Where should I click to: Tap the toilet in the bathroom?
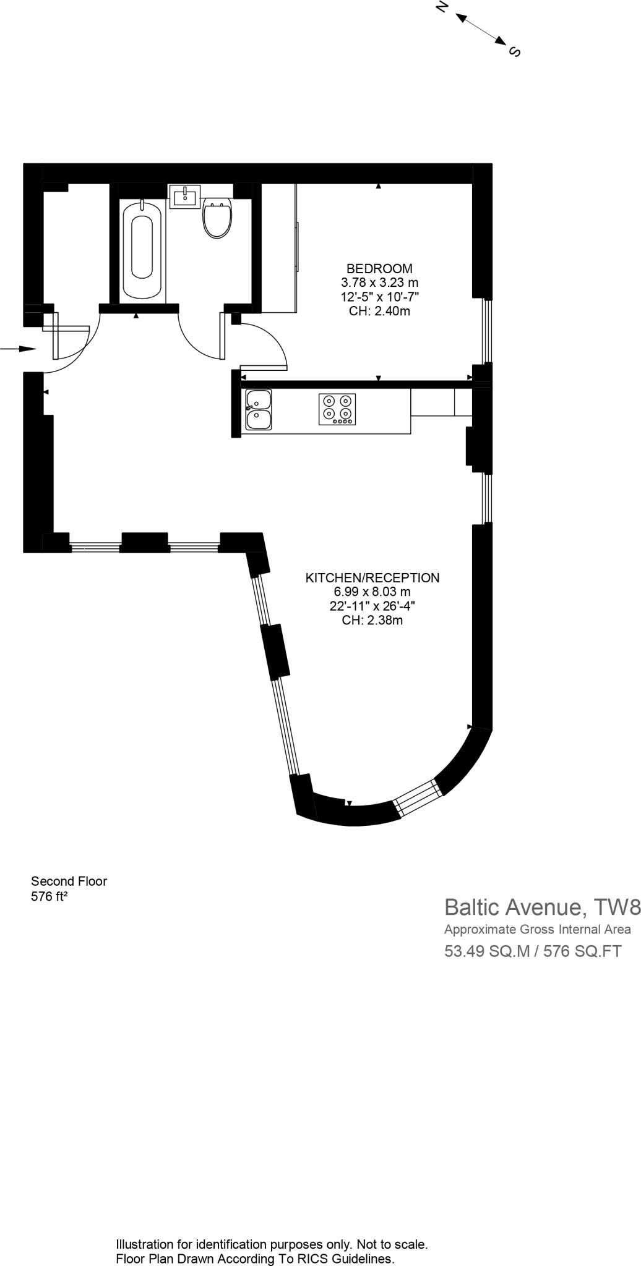pos(217,218)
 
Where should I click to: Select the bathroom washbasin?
pos(184,197)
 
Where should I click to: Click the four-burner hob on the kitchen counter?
pos(338,409)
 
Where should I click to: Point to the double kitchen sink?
pos(259,410)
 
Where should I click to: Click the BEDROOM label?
pos(379,269)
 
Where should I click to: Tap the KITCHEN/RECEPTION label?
pos(372,578)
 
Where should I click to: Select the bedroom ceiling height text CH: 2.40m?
pos(379,311)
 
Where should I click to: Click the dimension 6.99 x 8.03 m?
pos(372,592)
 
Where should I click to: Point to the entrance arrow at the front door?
pos(19,349)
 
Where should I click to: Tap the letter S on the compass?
pos(514,52)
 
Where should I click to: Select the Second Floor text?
pos(69,882)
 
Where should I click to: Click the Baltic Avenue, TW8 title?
pos(542,907)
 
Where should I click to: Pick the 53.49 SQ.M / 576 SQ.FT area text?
pos(533,951)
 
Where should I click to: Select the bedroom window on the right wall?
pos(488,331)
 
